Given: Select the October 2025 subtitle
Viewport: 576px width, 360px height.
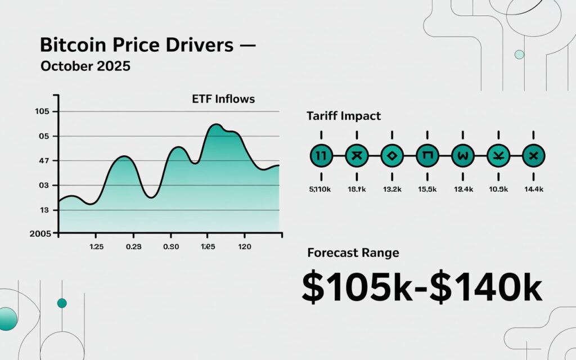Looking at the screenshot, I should point(85,66).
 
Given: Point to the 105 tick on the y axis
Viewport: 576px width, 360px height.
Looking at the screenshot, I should point(43,111).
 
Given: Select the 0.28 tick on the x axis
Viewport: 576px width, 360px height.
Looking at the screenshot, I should point(133,246).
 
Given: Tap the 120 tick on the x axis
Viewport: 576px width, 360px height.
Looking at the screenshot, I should point(245,246).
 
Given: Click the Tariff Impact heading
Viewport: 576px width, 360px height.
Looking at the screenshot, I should point(344,116).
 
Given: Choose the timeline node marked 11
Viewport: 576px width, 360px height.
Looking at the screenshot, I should point(321,156).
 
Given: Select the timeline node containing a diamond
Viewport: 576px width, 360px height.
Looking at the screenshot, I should point(391,156).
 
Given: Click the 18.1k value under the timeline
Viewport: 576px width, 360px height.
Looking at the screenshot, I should point(356,189).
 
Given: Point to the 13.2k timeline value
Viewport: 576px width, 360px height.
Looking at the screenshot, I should point(392,189).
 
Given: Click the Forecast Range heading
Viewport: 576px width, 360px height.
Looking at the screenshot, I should point(353,253).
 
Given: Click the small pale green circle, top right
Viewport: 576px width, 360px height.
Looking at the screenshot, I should point(519,55).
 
